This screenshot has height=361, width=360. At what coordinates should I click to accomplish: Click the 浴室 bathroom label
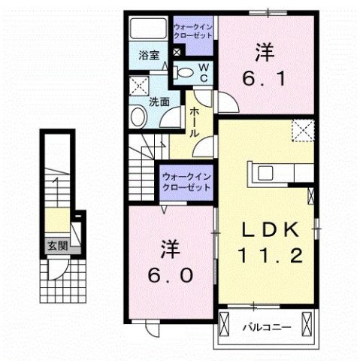[149, 55]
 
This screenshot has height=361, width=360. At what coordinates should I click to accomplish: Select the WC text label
[203, 72]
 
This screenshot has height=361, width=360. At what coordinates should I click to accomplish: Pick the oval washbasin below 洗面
[138, 116]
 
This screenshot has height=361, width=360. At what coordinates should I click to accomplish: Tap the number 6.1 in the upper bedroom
[263, 77]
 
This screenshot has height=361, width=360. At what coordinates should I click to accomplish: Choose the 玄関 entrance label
[56, 245]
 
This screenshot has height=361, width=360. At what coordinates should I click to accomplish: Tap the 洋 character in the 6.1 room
[262, 51]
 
